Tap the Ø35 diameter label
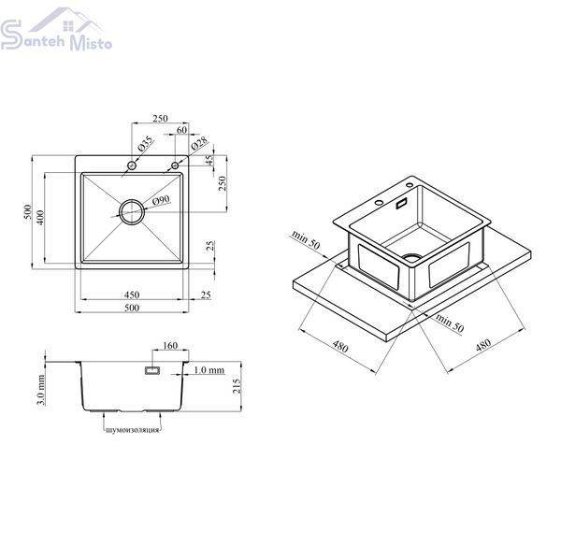(x=145, y=144)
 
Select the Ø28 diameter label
(x=199, y=143)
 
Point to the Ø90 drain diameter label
(x=161, y=200)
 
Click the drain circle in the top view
(x=132, y=212)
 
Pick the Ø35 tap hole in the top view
(x=132, y=165)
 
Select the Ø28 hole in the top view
(x=175, y=165)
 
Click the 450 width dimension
(x=132, y=294)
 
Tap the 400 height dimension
(x=40, y=218)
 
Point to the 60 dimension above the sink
(x=181, y=130)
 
